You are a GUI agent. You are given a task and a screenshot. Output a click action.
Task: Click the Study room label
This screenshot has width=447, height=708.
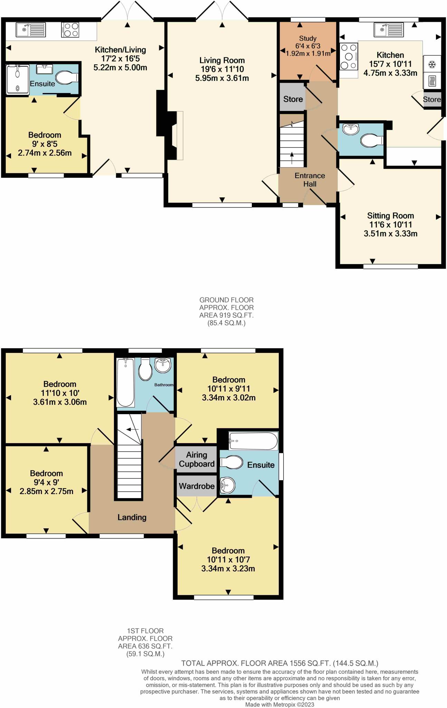(307, 38)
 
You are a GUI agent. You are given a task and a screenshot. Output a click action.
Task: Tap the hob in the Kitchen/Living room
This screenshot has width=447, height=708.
(70, 29)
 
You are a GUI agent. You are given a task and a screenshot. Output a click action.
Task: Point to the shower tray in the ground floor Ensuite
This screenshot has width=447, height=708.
(17, 79)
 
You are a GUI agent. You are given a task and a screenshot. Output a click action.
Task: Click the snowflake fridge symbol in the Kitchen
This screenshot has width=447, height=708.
(431, 64)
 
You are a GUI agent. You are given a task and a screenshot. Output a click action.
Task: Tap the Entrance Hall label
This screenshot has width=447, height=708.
(310, 180)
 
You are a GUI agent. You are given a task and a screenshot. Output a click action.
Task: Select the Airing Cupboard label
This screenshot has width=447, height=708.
(197, 459)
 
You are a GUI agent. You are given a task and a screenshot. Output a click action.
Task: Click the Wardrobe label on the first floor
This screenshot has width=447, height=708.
(197, 486)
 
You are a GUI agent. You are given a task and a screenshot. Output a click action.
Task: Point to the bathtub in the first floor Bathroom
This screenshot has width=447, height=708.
(125, 382)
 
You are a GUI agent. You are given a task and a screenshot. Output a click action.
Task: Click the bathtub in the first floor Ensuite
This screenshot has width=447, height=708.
(253, 441)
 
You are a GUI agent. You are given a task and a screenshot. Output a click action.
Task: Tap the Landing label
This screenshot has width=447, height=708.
(132, 517)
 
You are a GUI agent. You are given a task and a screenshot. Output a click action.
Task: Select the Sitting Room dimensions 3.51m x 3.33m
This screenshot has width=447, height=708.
(390, 234)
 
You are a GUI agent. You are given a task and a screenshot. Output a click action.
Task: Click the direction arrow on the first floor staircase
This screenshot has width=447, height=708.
(132, 429)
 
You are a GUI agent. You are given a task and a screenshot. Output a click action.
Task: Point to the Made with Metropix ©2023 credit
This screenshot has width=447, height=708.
(279, 704)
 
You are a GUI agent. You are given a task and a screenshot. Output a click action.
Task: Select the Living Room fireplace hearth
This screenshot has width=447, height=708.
(180, 135)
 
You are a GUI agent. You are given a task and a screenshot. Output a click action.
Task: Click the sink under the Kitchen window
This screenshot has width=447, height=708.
(389, 30)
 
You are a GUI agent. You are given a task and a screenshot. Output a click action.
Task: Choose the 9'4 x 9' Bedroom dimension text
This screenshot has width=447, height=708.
(46, 482)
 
